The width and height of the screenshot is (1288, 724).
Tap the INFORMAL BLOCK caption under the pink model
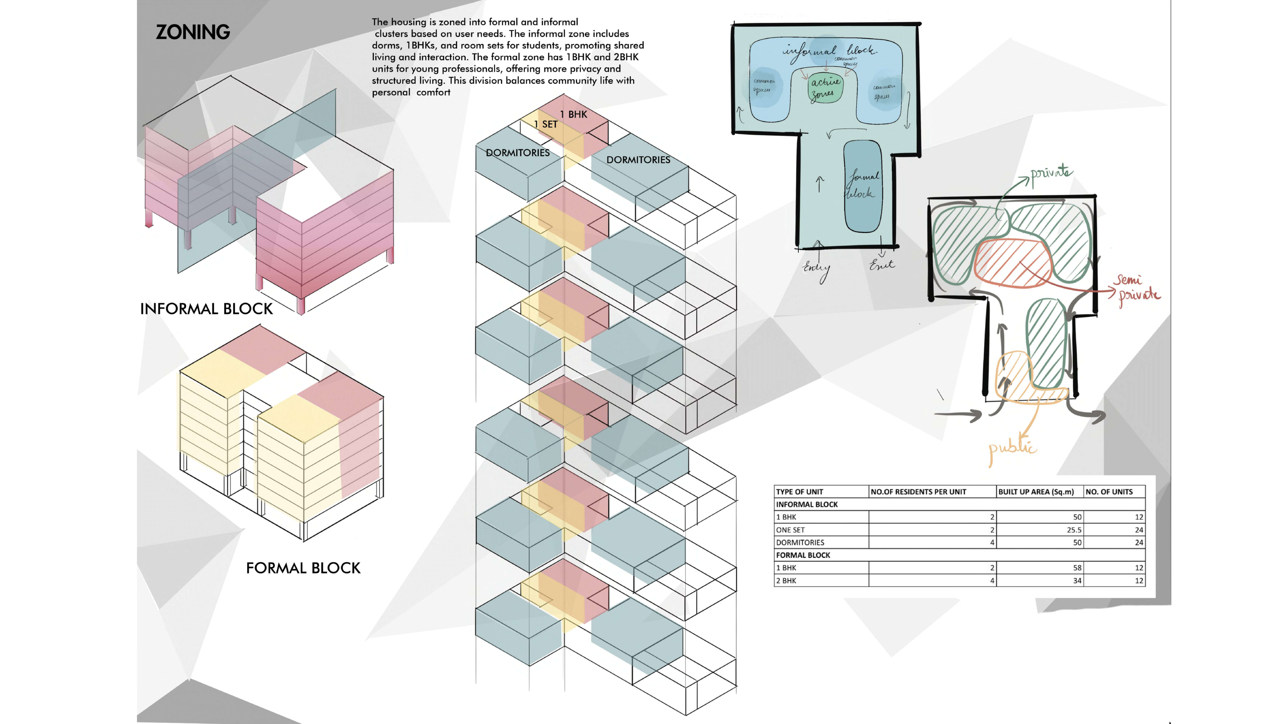coord(207,309)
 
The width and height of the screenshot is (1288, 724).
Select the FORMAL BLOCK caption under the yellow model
coord(303,568)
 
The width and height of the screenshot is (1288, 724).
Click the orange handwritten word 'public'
coord(1012,448)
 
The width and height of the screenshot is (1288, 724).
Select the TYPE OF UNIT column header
coord(800,492)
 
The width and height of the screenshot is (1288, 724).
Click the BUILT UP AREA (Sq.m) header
coord(1035,492)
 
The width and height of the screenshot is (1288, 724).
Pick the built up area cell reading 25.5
coord(1074,530)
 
